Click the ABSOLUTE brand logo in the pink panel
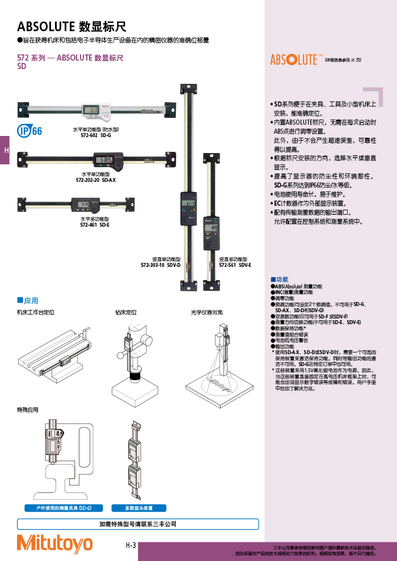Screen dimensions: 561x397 click(x=295, y=59)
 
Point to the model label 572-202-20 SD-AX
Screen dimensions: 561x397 click(x=96, y=180)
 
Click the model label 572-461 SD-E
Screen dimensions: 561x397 click(x=95, y=224)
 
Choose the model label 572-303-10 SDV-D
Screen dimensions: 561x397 click(x=161, y=265)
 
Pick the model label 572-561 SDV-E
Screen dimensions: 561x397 click(x=235, y=265)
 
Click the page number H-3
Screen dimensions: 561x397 click(x=131, y=545)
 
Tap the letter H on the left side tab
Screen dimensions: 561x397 click(x=6, y=150)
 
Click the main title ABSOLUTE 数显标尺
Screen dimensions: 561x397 click(x=71, y=27)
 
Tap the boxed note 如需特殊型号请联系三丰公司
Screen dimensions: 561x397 click(x=138, y=525)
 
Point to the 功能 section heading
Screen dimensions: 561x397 click(x=282, y=279)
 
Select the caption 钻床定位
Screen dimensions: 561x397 click(x=126, y=312)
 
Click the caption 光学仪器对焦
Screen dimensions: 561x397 click(x=207, y=312)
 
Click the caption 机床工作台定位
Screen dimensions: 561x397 click(x=35, y=312)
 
